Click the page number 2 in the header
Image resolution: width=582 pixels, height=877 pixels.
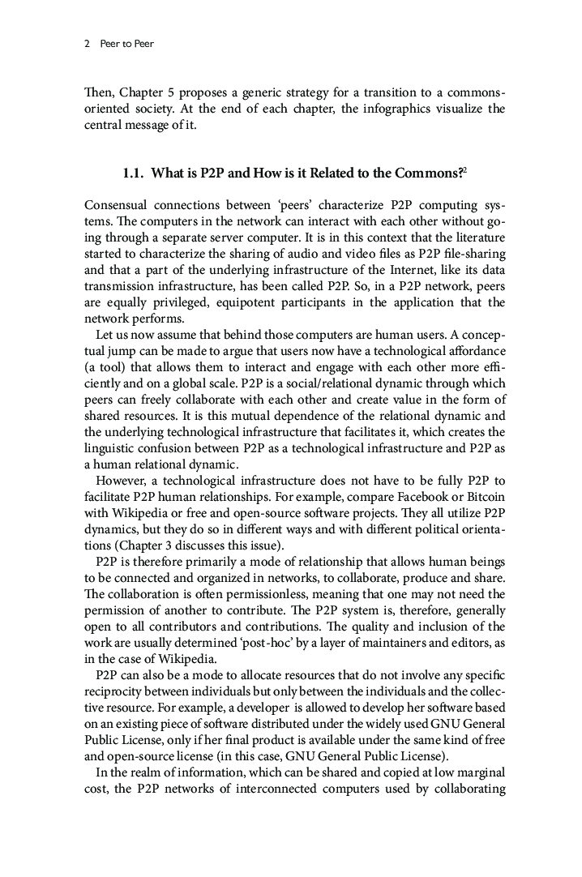[x=87, y=44]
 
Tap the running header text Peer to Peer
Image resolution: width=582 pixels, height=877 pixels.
[x=126, y=44]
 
